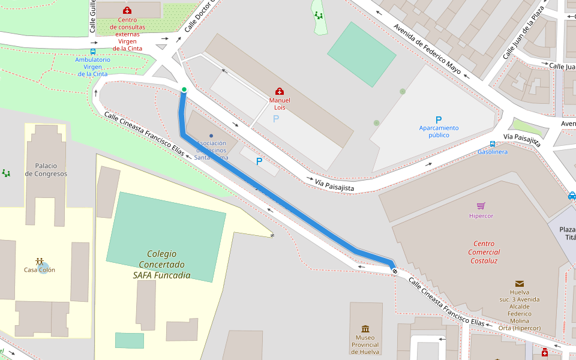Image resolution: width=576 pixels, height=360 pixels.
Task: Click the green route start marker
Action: pyautogui.click(x=184, y=89)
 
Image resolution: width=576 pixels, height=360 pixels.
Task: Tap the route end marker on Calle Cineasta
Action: pyautogui.click(x=395, y=271)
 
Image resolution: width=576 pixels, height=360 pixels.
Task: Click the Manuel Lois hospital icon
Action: pyautogui.click(x=280, y=91)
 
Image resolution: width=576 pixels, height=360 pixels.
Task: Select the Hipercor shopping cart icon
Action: pyautogui.click(x=481, y=206)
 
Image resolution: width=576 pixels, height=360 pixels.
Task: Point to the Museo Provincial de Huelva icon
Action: pyautogui.click(x=365, y=328)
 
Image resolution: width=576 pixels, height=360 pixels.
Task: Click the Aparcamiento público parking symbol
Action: pyautogui.click(x=439, y=119)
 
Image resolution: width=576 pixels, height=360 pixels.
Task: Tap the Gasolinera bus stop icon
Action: pyautogui.click(x=492, y=143)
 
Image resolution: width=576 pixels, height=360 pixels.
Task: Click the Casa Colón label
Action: pyautogui.click(x=40, y=269)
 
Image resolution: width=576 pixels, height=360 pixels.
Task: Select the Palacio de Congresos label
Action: pyautogui.click(x=46, y=170)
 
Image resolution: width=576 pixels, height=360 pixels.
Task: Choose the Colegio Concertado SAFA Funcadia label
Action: pyautogui.click(x=161, y=265)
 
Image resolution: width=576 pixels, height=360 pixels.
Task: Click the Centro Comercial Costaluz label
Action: pyautogui.click(x=484, y=252)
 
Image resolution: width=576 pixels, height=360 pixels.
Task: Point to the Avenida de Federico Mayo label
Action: pyautogui.click(x=427, y=49)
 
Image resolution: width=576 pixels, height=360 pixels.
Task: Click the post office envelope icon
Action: pyautogui.click(x=519, y=283)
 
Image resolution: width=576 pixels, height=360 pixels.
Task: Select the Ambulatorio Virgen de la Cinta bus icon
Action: pyautogui.click(x=92, y=52)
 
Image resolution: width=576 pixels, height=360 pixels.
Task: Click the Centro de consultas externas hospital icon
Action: pyautogui.click(x=127, y=10)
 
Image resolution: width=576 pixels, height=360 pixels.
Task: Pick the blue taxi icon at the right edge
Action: pyautogui.click(x=572, y=196)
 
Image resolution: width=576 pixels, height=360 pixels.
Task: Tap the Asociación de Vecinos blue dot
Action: pyautogui.click(x=211, y=136)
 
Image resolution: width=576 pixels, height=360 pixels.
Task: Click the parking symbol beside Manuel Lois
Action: pyautogui.click(x=276, y=119)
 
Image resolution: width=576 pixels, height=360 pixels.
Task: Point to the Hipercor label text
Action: pyautogui.click(x=481, y=215)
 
